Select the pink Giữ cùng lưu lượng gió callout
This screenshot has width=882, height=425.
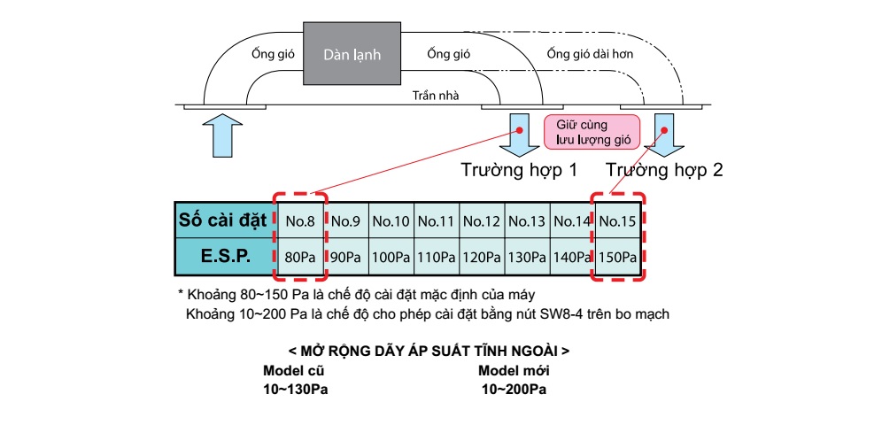click(590, 131)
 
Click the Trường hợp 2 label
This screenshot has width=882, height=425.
click(664, 169)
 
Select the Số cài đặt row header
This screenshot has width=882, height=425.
click(224, 220)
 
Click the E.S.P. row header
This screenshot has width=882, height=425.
click(224, 257)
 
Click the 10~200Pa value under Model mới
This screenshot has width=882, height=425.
click(514, 390)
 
